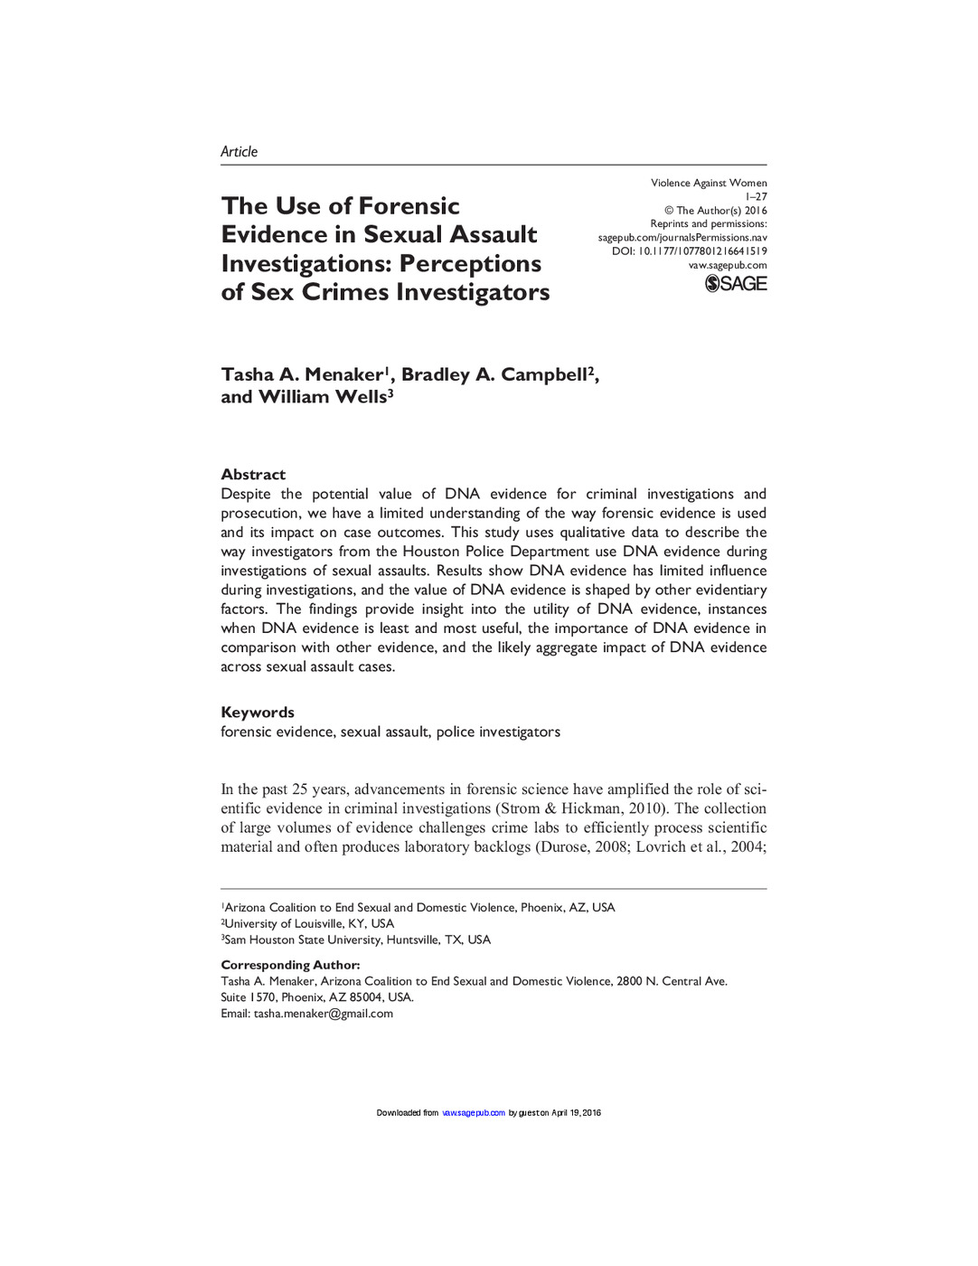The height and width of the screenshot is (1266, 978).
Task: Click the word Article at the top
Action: point(239,152)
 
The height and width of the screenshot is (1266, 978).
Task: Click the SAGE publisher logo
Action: point(736,284)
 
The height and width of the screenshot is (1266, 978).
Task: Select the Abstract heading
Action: point(253,475)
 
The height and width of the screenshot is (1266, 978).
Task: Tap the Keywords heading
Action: point(258,713)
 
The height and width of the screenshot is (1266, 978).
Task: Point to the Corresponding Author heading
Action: point(290,965)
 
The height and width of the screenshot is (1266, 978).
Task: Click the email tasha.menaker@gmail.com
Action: point(324,1014)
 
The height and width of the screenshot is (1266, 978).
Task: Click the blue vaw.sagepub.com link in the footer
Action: point(474,1113)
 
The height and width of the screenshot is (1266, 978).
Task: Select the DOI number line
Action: point(689,251)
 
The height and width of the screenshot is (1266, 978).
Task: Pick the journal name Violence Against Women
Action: point(709,183)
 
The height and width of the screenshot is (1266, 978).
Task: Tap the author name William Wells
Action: point(322,397)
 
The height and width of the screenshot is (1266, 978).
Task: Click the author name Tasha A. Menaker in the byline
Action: point(302,375)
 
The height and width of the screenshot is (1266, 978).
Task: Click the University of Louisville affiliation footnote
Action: point(309,923)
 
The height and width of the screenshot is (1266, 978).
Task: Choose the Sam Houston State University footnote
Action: point(357,940)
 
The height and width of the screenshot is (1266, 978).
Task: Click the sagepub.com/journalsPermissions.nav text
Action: point(682,238)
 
